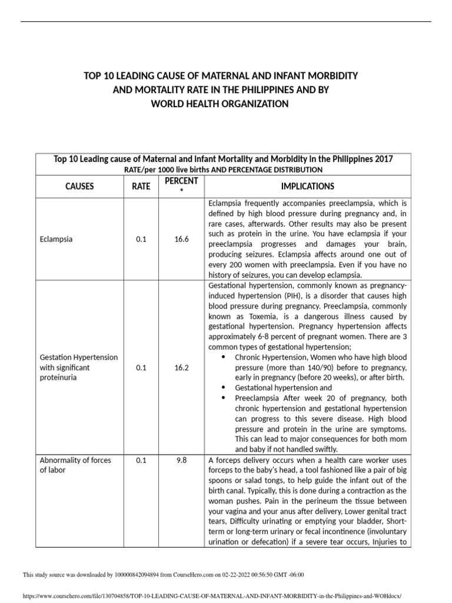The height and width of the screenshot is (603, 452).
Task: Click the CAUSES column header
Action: [x=79, y=186]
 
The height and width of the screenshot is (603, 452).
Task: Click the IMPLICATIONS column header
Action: [x=307, y=186]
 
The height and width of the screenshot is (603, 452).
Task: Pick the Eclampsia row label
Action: [x=56, y=240]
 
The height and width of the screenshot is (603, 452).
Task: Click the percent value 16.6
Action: [x=182, y=240]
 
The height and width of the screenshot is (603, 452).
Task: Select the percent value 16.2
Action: [x=182, y=367]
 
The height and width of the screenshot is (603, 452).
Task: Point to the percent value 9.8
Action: [x=182, y=460]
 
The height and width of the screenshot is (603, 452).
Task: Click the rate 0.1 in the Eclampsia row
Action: [x=141, y=240]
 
